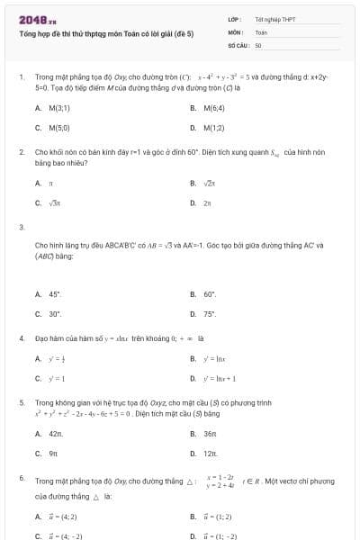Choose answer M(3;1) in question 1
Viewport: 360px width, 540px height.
(x=59, y=108)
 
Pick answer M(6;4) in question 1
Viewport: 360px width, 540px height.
(x=214, y=108)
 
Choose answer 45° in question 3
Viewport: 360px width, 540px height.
(x=54, y=294)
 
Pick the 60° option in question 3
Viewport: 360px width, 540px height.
(x=211, y=294)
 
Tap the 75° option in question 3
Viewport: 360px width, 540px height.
(x=211, y=314)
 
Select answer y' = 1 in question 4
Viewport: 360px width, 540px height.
(x=57, y=378)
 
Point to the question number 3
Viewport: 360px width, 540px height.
(x=21, y=226)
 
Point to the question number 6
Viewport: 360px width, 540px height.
(x=21, y=478)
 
